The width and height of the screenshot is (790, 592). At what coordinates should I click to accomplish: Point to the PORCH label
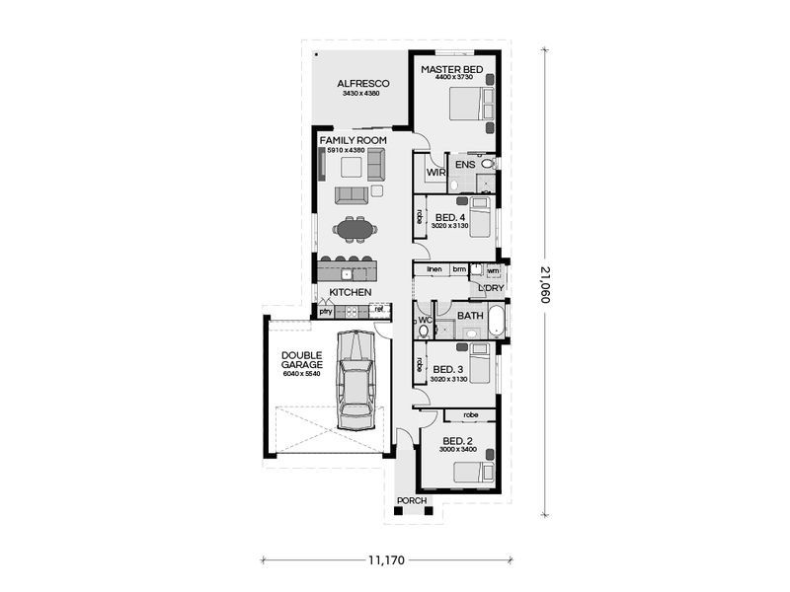click(412, 500)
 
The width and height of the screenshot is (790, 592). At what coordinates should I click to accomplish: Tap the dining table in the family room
click(355, 230)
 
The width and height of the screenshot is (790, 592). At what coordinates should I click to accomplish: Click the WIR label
click(434, 174)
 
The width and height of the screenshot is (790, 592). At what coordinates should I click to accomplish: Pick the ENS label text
click(465, 165)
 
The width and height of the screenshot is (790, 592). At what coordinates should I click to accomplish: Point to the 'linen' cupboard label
click(434, 268)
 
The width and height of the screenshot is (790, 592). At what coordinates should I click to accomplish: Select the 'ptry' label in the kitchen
click(325, 311)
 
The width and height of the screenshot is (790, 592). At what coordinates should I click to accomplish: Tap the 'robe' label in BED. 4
click(420, 215)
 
